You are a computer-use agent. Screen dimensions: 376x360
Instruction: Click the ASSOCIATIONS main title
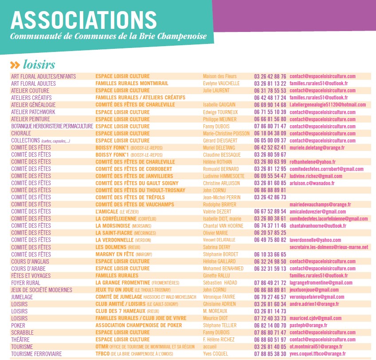coord(84,20)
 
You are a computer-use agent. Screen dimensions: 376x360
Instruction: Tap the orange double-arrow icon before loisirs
coord(15,65)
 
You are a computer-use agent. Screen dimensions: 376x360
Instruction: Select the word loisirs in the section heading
coord(39,64)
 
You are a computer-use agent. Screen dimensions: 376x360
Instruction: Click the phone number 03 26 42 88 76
coord(270,76)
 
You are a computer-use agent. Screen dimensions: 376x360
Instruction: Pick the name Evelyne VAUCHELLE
coord(221,83)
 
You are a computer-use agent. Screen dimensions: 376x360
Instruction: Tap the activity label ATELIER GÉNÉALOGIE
coord(33,105)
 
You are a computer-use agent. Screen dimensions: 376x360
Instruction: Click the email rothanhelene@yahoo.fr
coord(313,162)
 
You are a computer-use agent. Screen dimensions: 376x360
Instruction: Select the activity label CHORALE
coord(21,134)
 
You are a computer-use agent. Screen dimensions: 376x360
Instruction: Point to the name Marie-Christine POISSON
coord(226,134)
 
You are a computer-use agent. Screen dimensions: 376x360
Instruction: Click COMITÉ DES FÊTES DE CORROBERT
coord(133,169)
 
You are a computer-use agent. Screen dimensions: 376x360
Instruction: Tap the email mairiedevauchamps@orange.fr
coord(320,205)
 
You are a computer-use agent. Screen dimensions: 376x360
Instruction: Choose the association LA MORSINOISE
coord(113,226)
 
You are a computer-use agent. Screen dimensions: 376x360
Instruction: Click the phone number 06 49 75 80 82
coord(270,240)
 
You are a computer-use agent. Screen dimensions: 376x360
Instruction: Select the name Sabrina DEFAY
coord(216,247)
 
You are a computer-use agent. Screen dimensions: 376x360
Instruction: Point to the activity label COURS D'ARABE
coord(28,269)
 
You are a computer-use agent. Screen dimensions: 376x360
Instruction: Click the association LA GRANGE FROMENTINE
coord(123,283)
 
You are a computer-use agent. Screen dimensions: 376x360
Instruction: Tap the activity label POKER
coord(18,325)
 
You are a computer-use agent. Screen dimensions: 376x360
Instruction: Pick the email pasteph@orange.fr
coord(308,325)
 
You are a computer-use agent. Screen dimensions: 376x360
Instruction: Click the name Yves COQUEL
coord(215,354)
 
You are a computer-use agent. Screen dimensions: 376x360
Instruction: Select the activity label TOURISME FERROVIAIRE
coord(36,354)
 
